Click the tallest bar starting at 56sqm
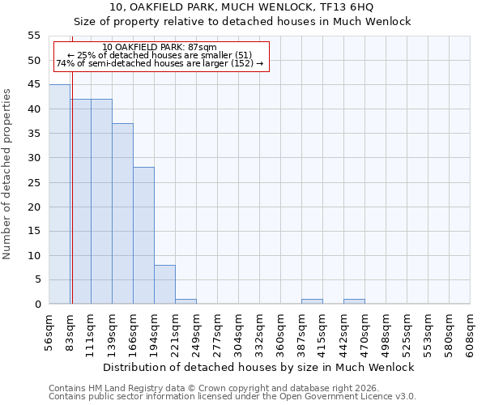tap(59, 194)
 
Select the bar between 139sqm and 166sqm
tap(122, 214)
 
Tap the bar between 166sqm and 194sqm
tap(143, 236)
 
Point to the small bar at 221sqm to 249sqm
tap(185, 301)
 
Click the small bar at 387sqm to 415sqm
tap(312, 301)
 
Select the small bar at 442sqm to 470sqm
tap(354, 301)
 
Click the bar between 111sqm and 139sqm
tap(101, 202)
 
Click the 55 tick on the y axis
tap(34, 36)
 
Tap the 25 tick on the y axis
tap(34, 182)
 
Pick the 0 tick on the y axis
tap(37, 305)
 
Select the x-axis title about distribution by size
tap(258, 367)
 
